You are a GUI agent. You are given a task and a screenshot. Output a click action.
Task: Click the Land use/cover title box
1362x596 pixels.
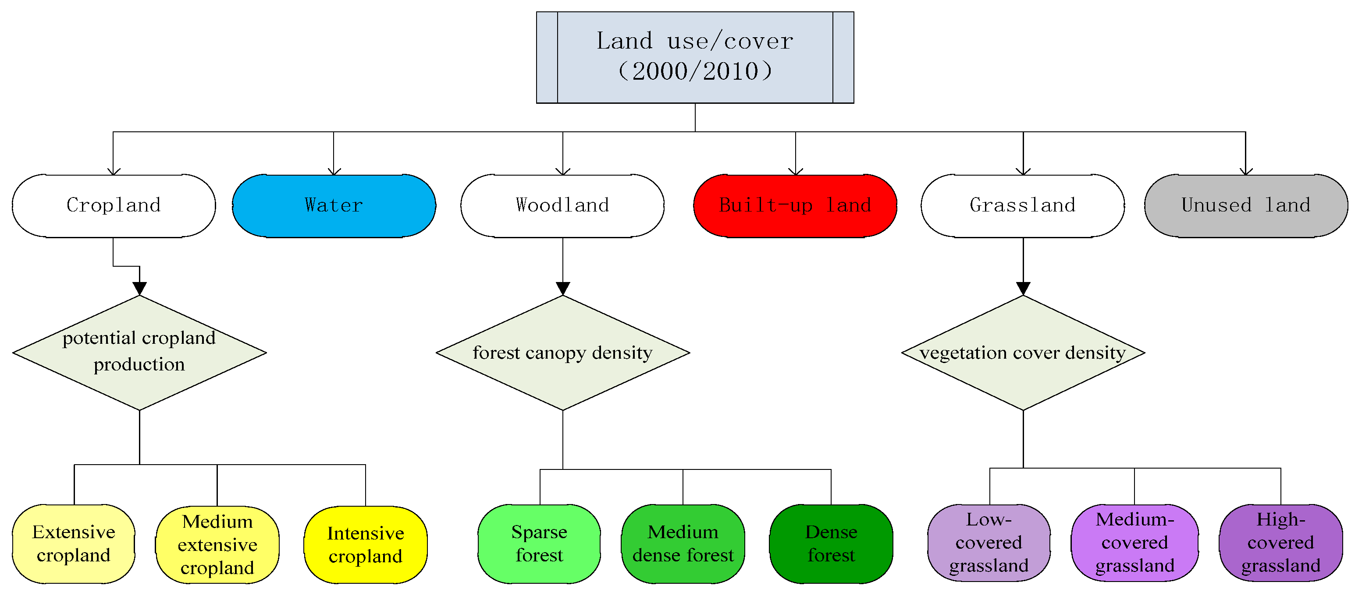[x=695, y=57]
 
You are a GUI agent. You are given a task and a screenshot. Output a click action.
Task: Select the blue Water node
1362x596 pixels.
[x=334, y=205]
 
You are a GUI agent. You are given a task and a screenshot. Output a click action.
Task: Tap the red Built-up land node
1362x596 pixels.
[x=795, y=205]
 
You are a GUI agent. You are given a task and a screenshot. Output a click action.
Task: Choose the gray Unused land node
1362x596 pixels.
[x=1246, y=205]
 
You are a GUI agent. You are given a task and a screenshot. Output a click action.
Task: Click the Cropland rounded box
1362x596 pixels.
[x=114, y=205]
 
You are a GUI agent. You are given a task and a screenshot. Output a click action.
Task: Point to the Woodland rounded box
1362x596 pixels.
[x=562, y=205]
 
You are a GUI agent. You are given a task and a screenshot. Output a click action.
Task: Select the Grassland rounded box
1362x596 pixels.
[x=1023, y=205]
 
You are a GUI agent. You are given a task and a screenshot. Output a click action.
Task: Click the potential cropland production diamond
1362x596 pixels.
[x=139, y=353]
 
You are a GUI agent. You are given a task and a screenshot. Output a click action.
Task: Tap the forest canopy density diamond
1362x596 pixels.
[x=562, y=353]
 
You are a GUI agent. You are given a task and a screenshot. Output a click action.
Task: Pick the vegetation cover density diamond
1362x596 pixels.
[x=1023, y=353]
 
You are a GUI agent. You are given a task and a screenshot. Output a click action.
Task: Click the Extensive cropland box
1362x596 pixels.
[x=74, y=544]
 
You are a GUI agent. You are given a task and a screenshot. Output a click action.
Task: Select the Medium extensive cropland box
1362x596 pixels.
[x=217, y=545]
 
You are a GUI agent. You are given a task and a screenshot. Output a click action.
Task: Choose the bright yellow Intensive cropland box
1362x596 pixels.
[x=365, y=545]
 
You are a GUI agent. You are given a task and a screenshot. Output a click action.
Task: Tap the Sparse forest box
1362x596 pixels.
[x=539, y=544]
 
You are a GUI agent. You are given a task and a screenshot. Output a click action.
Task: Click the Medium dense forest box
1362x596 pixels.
[x=683, y=544]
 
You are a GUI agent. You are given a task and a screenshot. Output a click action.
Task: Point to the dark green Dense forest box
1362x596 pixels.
[x=831, y=544]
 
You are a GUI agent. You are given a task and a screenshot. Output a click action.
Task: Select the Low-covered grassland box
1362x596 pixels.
[x=989, y=543]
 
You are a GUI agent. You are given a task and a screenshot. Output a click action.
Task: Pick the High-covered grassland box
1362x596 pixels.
[x=1280, y=543]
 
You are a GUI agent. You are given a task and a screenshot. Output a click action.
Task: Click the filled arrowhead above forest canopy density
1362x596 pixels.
[x=562, y=289]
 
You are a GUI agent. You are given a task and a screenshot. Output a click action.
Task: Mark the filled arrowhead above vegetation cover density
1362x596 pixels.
[x=1023, y=289]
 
